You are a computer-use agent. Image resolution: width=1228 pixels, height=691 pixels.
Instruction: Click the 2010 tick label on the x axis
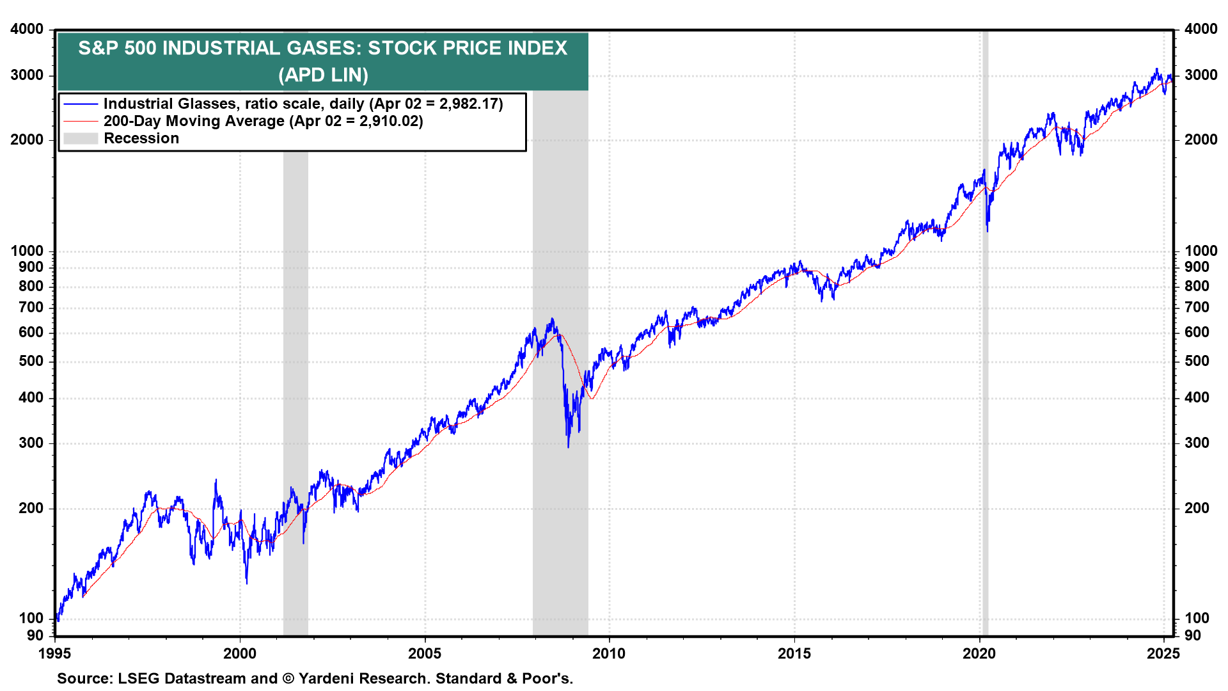609,653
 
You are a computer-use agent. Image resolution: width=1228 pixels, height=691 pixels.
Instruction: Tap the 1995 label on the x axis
55,653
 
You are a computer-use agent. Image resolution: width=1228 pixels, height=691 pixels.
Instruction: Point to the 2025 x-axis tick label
1163,653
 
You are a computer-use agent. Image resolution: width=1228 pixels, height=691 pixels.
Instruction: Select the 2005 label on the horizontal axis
425,653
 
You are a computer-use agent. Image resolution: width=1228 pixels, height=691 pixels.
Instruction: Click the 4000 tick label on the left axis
27,29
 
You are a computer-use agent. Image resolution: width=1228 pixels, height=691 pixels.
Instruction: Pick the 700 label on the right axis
1197,307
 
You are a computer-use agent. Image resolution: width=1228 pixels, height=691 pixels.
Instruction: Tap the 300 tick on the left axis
31,443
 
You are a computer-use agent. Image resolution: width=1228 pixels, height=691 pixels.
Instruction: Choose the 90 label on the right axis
1193,635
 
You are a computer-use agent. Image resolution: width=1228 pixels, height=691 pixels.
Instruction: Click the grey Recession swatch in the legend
81,138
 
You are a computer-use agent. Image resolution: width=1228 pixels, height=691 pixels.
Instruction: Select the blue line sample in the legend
81,104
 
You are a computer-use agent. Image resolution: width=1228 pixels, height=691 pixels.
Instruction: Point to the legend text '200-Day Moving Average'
194,121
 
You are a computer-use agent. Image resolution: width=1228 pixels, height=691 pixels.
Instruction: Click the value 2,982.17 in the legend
468,104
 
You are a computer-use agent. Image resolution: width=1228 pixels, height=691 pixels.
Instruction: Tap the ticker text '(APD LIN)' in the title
323,75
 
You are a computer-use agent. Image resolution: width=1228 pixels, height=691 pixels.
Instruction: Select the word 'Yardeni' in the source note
326,678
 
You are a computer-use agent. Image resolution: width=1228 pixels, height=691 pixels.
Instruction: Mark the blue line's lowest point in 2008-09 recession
568,446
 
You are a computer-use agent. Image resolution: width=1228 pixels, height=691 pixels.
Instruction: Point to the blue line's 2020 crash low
988,230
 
